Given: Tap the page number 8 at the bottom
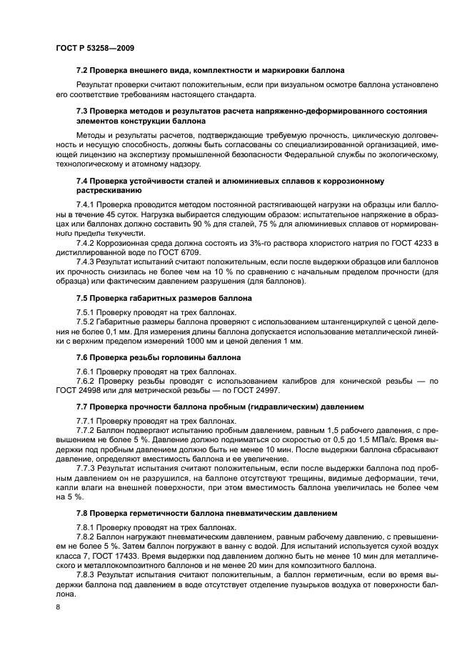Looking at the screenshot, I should [57, 606].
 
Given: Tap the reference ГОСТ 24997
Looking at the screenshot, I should [257, 390].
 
